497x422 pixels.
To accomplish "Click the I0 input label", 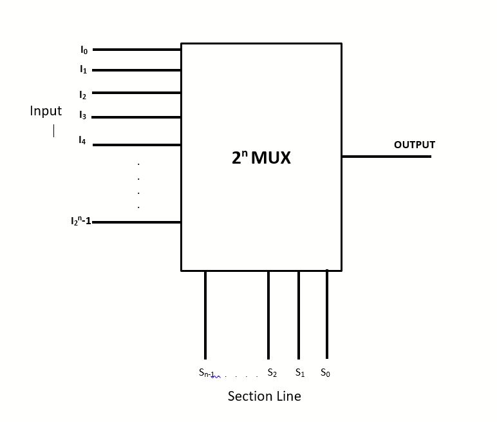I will pyautogui.click(x=84, y=50).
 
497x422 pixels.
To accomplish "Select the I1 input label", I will pyautogui.click(x=83, y=69).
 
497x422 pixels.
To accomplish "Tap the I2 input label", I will pyautogui.click(x=82, y=95).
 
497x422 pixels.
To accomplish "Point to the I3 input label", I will pyautogui.click(x=82, y=116).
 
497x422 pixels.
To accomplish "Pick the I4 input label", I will pyautogui.click(x=82, y=140).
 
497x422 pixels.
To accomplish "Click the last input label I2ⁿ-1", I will pyautogui.click(x=80, y=222).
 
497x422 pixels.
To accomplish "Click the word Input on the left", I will pyautogui.click(x=46, y=111).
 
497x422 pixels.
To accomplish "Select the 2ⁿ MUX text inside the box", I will pyautogui.click(x=261, y=158).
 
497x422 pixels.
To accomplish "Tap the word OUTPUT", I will pyautogui.click(x=414, y=145).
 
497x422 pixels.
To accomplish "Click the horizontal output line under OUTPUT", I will pyautogui.click(x=386, y=156).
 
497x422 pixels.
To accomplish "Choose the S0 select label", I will pyautogui.click(x=325, y=372).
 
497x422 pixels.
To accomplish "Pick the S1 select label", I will pyautogui.click(x=299, y=372).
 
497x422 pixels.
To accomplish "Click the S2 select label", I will pyautogui.click(x=272, y=373).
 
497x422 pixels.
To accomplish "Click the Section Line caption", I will pyautogui.click(x=264, y=396).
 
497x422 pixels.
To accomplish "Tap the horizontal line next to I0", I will pyautogui.click(x=136, y=50).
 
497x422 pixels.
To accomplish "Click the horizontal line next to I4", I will pyautogui.click(x=136, y=145).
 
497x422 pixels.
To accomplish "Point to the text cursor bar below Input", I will pyautogui.click(x=53, y=131).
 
